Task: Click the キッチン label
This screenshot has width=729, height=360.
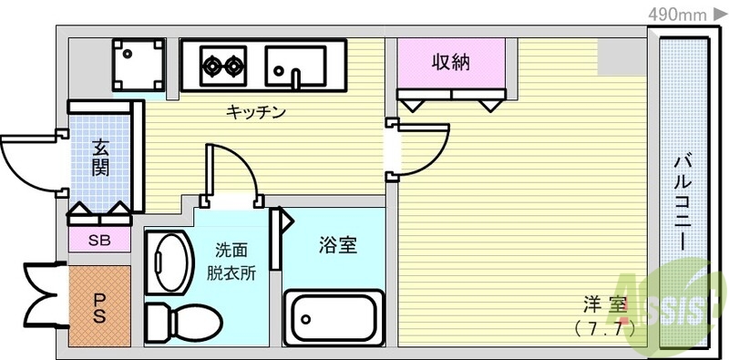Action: (x=256, y=112)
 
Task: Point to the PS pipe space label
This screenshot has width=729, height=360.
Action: (x=99, y=307)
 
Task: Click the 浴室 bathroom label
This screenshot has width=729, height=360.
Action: (x=337, y=244)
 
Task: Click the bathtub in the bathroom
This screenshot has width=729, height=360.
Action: (x=333, y=318)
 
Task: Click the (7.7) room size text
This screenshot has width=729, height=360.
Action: (x=605, y=325)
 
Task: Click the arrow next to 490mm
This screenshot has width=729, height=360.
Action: (x=720, y=14)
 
